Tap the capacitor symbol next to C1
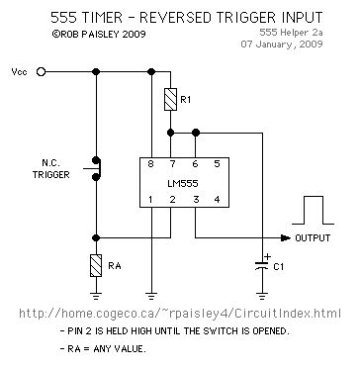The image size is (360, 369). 262,265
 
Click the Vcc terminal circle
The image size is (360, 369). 41,72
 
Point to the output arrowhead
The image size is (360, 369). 287,237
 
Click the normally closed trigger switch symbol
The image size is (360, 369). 96,167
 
